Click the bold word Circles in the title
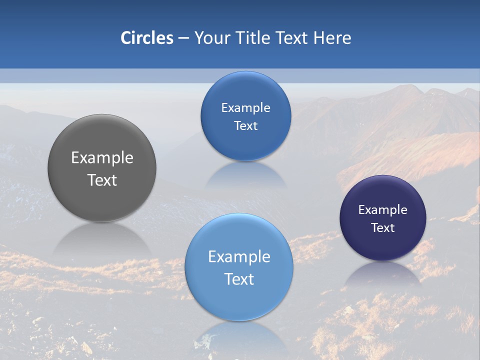pyautogui.click(x=147, y=38)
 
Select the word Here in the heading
pyautogui.click(x=332, y=38)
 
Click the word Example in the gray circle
pyautogui.click(x=102, y=158)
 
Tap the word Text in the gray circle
pyautogui.click(x=102, y=180)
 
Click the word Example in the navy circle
pyautogui.click(x=383, y=210)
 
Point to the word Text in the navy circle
pyautogui.click(x=383, y=228)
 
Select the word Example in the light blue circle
pyautogui.click(x=239, y=257)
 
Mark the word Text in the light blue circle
pyautogui.click(x=239, y=279)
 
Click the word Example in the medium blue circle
pyautogui.click(x=245, y=108)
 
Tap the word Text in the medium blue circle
pyautogui.click(x=245, y=126)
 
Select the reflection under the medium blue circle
pyautogui.click(x=245, y=175)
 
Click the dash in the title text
pyautogui.click(x=183, y=38)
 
